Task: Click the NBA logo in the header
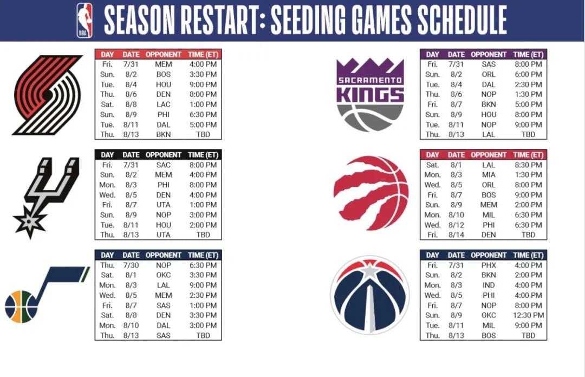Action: [84, 20]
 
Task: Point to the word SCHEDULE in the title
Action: [462, 20]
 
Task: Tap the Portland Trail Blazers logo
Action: [47, 95]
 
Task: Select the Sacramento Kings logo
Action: [370, 95]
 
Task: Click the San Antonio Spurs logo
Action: [46, 198]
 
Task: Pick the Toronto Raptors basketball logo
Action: [371, 193]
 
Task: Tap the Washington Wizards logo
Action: [370, 295]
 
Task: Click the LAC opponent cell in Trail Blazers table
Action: [164, 105]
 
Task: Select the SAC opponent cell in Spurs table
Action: [164, 165]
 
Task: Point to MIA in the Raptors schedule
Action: [489, 175]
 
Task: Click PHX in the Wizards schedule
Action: [489, 265]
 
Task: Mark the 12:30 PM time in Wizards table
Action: [528, 315]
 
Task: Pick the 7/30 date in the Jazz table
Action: [131, 265]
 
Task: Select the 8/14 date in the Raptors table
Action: [456, 235]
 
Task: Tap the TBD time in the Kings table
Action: [528, 134]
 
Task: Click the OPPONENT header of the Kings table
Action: [489, 55]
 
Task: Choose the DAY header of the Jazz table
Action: [107, 255]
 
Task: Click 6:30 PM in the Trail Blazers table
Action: [203, 115]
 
